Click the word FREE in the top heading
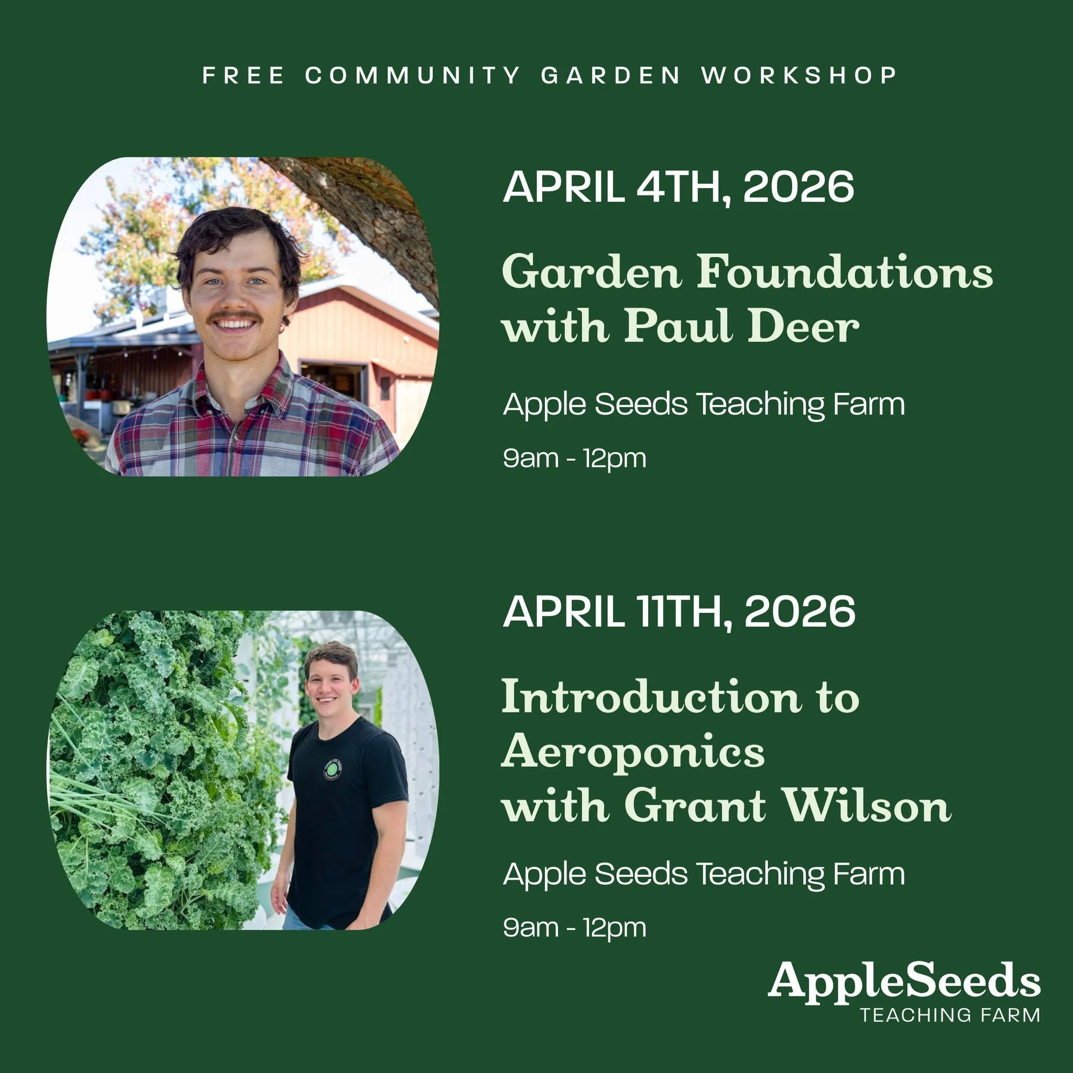click(243, 75)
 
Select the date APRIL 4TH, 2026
click(678, 187)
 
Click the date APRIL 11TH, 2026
click(678, 611)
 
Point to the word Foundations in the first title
click(845, 271)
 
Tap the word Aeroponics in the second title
click(633, 751)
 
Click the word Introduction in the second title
click(651, 696)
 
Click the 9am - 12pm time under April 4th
click(574, 459)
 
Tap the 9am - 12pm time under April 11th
click(574, 928)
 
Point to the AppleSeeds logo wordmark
click(904, 981)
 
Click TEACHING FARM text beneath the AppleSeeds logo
click(950, 1015)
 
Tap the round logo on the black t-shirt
click(332, 769)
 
